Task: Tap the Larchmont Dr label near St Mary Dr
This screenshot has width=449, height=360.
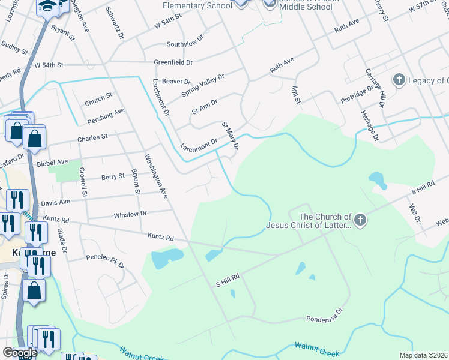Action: tap(198, 145)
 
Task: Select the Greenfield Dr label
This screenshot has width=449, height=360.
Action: tap(173, 62)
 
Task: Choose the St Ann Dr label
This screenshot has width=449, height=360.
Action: tap(204, 107)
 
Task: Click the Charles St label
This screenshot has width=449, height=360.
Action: tap(92, 137)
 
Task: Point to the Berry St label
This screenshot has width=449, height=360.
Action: tap(113, 176)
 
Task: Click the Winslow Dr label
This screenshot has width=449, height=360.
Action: tap(130, 214)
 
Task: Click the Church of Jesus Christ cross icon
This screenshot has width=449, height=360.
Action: tap(360, 220)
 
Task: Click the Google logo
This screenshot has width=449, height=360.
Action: tap(19, 352)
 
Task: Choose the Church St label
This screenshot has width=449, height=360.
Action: tap(98, 95)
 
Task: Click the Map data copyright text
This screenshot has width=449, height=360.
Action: tap(424, 355)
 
